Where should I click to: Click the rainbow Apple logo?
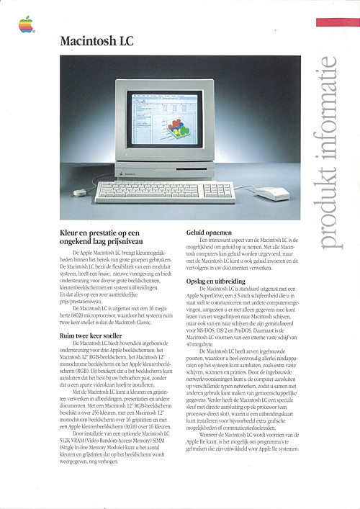(26, 25)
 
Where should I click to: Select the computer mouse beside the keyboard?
(273, 193)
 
